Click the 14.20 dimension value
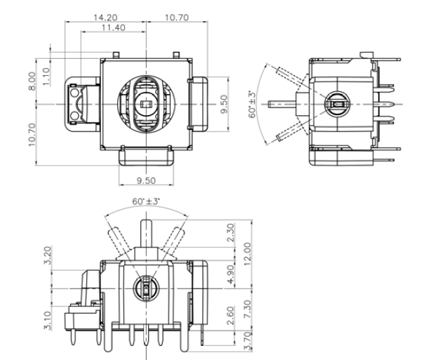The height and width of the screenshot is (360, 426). (105, 18)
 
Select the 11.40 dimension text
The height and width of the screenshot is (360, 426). (113, 27)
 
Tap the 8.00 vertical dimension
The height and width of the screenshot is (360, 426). (32, 81)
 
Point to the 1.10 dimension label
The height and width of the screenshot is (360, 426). (46, 76)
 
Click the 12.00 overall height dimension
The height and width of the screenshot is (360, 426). (247, 254)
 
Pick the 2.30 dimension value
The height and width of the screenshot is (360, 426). (230, 232)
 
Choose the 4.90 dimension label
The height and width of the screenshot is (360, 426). (230, 274)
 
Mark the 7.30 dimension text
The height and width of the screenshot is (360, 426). (247, 309)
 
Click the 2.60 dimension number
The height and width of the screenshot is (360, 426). (230, 316)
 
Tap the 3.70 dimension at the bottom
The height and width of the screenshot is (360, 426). (247, 341)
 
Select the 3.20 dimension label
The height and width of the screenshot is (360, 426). (48, 255)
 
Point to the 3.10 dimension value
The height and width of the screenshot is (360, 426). (48, 321)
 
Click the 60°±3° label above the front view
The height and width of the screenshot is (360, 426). (146, 201)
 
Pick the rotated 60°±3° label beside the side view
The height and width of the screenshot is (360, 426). (252, 105)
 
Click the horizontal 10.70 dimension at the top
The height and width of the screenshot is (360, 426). (177, 18)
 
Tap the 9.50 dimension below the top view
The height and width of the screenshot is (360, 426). (146, 180)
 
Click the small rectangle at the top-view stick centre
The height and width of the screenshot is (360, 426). (146, 104)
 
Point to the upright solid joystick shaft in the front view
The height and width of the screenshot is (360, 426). (146, 234)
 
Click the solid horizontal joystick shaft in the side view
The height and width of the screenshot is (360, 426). (281, 104)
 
